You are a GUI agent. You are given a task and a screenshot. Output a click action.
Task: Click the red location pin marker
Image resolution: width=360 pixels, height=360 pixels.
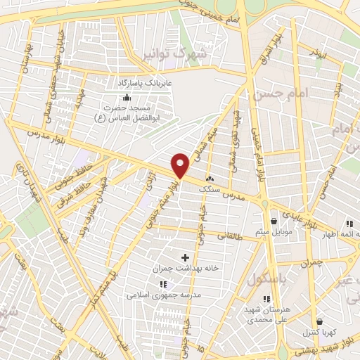pos(181,165)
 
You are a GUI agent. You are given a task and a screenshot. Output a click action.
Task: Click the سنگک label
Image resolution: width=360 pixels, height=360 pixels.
pos(210,189)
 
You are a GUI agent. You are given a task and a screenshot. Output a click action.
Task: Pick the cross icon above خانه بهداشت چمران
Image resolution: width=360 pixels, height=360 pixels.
pos(186,257)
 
